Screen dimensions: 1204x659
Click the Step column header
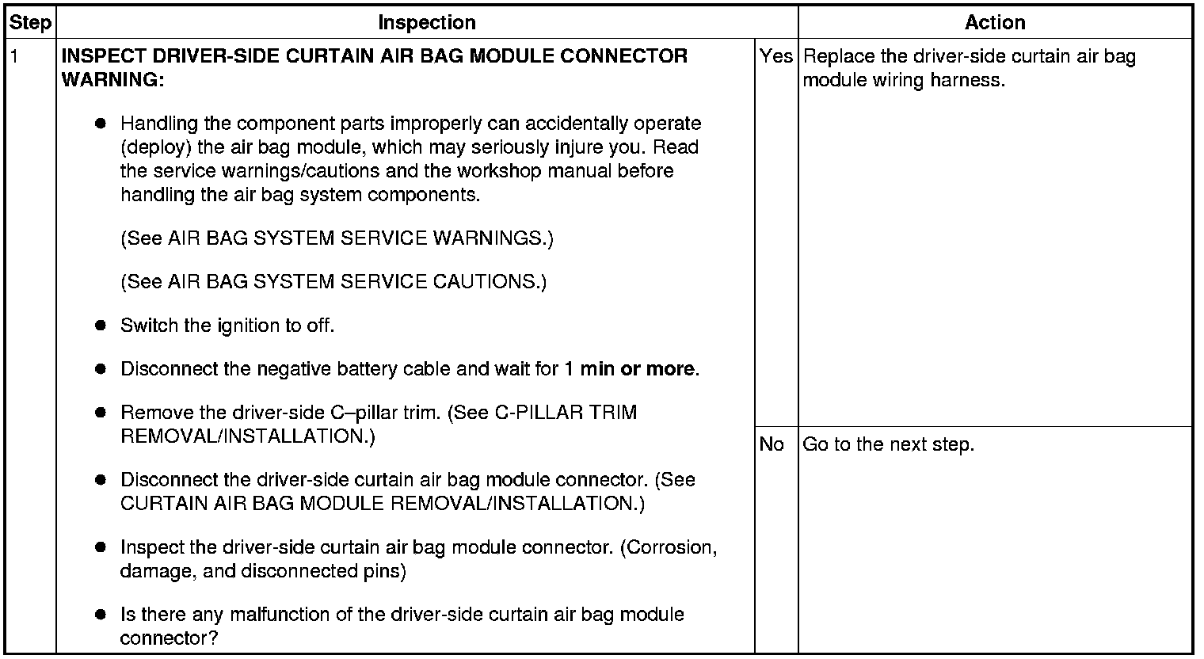tap(30, 23)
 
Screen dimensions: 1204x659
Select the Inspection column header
tap(426, 23)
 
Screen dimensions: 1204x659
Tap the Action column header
tap(995, 23)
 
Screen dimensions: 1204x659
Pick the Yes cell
tap(775, 56)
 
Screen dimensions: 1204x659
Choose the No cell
tap(772, 444)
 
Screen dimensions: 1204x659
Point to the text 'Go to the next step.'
tap(888, 444)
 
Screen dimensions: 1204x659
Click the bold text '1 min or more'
tap(631, 369)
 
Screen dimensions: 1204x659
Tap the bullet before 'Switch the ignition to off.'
tap(100, 326)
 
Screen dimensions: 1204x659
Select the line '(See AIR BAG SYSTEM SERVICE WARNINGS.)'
tap(337, 238)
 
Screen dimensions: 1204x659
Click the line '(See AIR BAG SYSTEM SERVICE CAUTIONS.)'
tap(333, 282)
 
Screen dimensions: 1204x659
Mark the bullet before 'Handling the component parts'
tap(100, 124)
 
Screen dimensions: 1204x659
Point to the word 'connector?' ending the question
tap(169, 638)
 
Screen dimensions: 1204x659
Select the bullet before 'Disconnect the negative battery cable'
tap(100, 369)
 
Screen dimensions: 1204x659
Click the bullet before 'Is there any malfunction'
tap(100, 615)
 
